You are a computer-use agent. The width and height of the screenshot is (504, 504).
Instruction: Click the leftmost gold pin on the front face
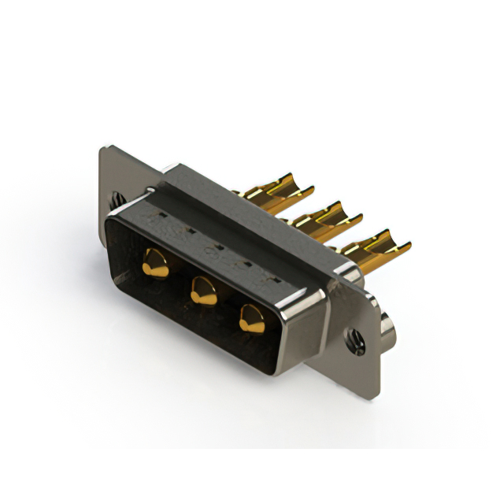156,264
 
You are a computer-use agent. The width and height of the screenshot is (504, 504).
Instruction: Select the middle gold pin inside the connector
203,291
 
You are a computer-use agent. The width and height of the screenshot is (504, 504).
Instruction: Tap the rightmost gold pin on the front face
252,317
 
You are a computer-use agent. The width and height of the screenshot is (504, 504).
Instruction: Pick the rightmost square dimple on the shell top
273,278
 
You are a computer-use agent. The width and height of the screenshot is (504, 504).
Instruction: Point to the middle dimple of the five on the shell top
217,246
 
